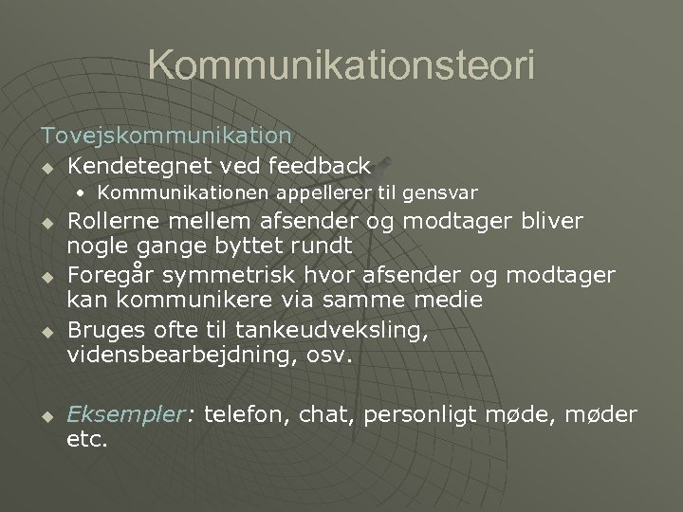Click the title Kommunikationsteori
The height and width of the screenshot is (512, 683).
pyautogui.click(x=341, y=65)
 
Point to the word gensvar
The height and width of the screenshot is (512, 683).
pyautogui.click(x=439, y=193)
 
